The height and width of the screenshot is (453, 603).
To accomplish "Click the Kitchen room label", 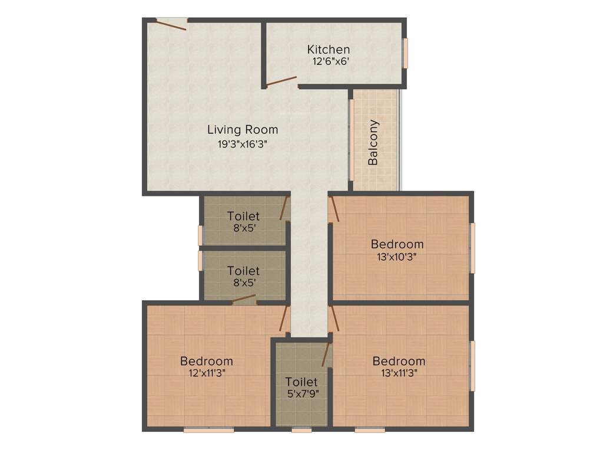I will (x=329, y=50).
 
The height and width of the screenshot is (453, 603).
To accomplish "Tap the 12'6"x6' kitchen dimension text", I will (x=332, y=61).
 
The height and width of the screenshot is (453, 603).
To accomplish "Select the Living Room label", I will (x=243, y=130).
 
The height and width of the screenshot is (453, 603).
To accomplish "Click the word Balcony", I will (x=373, y=143).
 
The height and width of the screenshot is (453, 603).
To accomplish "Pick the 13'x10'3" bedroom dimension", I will (x=396, y=257).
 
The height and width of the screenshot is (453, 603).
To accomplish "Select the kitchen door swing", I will (x=281, y=81).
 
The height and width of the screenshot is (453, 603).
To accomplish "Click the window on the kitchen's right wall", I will (x=405, y=53).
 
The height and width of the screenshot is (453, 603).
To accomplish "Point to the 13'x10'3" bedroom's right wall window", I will (x=472, y=248).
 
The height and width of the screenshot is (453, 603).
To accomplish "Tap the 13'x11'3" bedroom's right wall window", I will (x=472, y=366).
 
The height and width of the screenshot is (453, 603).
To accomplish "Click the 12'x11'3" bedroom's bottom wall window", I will (x=208, y=430).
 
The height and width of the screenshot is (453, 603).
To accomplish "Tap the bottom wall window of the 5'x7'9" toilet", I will (x=301, y=430).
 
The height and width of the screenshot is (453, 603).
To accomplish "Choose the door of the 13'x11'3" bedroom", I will (x=334, y=319).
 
